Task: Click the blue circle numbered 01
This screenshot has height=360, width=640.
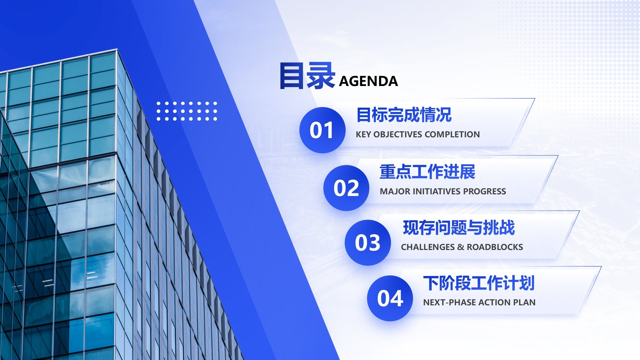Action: (322, 130)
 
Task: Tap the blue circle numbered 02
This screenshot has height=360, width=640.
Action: (346, 188)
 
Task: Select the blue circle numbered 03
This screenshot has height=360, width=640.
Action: (367, 242)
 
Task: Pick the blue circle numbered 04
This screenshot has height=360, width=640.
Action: (390, 298)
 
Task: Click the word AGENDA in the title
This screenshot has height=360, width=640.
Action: (368, 81)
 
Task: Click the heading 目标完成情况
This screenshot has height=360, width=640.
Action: (404, 115)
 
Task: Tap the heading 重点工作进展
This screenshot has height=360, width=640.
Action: (427, 172)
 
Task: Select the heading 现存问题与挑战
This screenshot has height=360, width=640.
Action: (459, 228)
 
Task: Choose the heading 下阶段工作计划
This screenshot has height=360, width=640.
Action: (479, 283)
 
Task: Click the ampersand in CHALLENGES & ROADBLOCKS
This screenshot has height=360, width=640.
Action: (461, 247)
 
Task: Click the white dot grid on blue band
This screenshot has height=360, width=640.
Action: (187, 111)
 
